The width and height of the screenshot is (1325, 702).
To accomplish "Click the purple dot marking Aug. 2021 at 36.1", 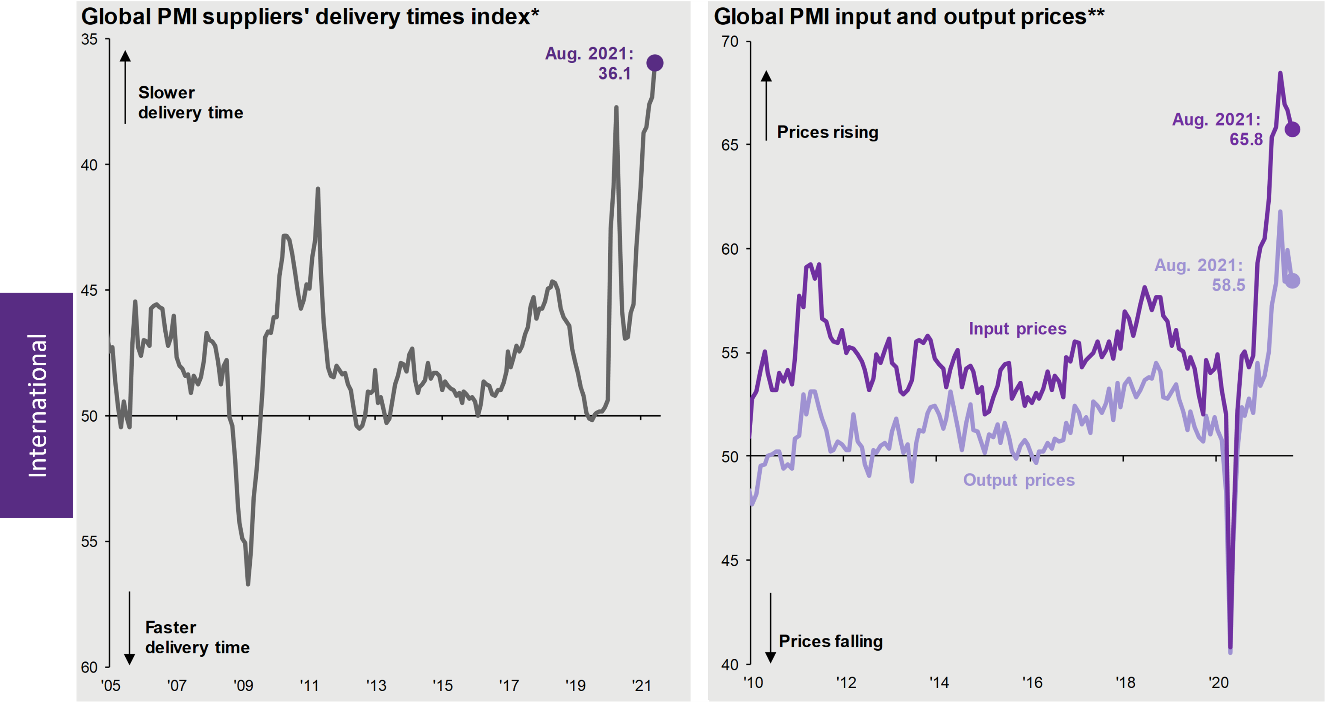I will (655, 63).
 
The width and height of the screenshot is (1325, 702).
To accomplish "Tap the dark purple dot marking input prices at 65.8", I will (1292, 129).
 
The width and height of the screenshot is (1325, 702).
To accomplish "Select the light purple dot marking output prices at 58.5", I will (1293, 281).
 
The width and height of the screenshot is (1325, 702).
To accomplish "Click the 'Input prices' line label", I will (1017, 329).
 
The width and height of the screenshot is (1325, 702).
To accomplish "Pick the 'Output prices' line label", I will (1019, 480).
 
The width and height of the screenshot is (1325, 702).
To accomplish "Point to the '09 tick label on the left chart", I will (243, 685).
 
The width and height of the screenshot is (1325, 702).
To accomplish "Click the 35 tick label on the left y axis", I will (89, 40).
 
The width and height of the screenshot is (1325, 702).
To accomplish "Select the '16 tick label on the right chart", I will (1032, 682).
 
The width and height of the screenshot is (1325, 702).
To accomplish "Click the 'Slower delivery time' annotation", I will (190, 103).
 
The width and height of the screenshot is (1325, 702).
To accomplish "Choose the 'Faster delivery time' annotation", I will (197, 637).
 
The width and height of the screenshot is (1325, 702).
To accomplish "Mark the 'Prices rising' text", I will (827, 132).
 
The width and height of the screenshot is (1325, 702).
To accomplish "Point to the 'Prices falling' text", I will (830, 641).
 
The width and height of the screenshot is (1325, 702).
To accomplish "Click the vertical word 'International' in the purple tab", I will (38, 405).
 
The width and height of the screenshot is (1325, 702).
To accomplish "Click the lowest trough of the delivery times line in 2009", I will (248, 584).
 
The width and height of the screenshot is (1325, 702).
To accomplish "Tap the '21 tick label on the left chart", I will (641, 685).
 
